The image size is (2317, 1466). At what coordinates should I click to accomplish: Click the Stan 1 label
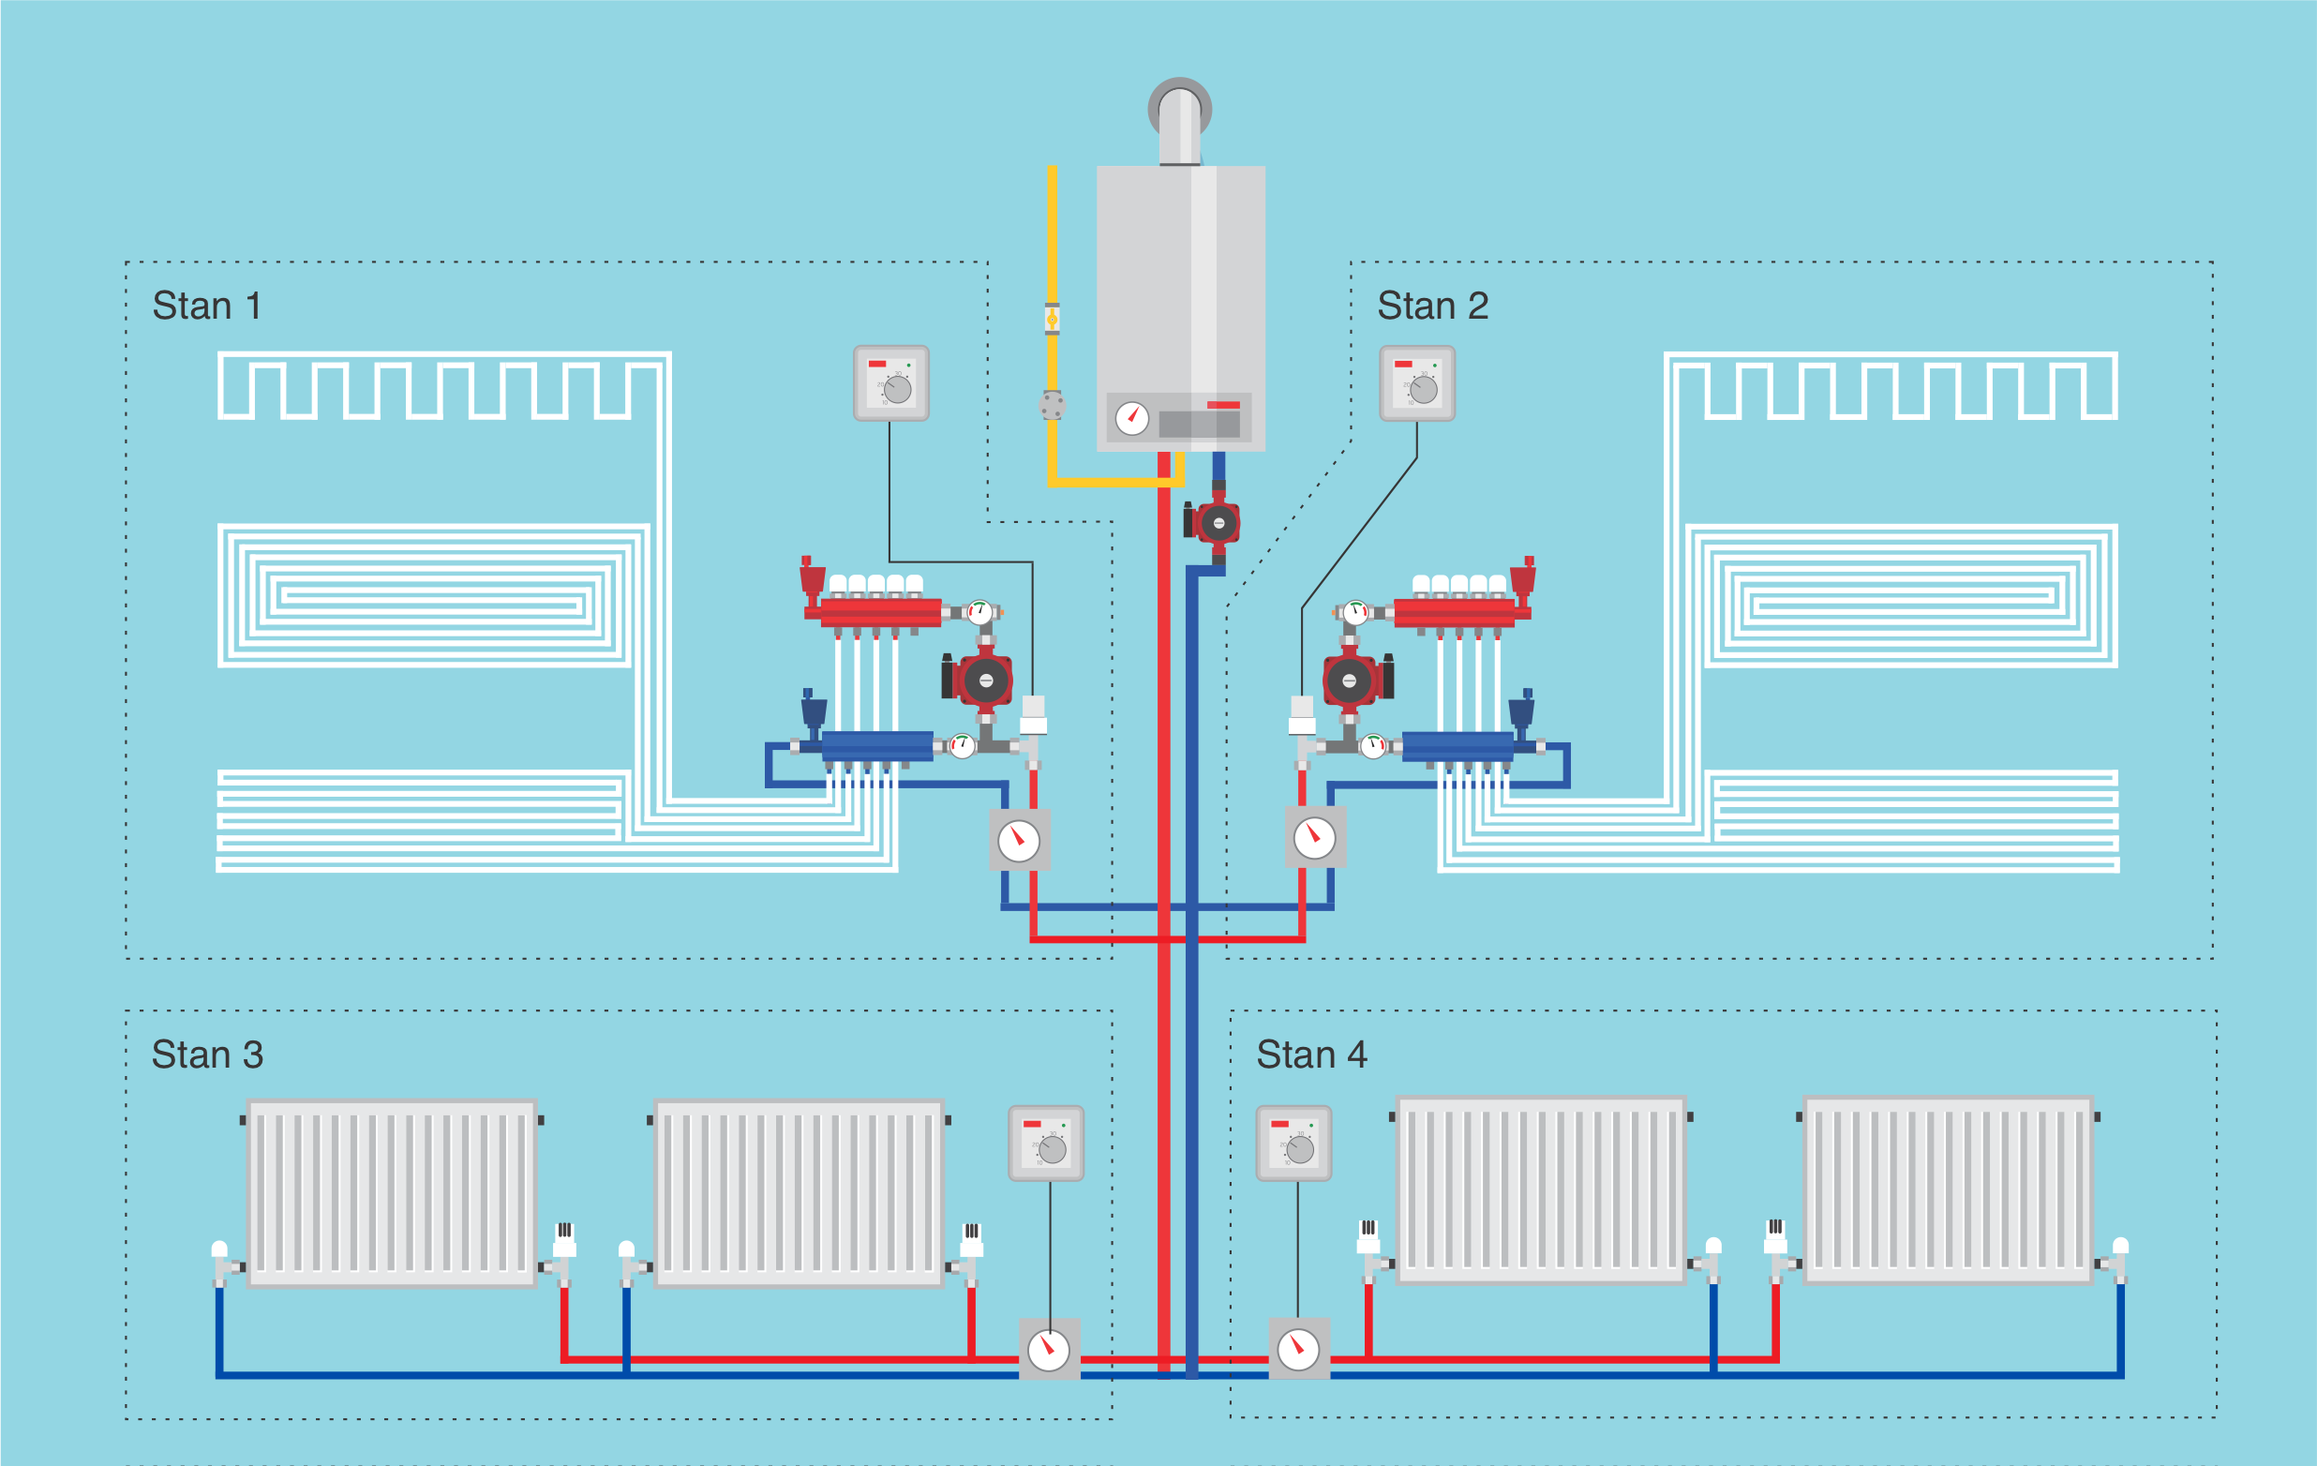207,306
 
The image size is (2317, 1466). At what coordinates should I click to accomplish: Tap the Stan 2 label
1433,306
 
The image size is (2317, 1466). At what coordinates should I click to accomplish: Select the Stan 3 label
207,1055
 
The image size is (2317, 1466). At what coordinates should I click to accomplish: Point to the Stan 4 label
1311,1055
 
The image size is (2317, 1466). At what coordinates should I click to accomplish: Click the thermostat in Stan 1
891,383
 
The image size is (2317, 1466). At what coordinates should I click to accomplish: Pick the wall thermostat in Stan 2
1417,383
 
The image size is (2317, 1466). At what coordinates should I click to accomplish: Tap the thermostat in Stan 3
1046,1144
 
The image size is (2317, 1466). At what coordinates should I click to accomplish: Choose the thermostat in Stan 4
1294,1144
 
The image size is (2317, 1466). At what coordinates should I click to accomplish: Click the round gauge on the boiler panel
1131,418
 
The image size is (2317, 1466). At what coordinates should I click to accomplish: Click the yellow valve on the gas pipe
1052,320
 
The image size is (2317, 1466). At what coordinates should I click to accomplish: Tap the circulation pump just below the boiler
1217,523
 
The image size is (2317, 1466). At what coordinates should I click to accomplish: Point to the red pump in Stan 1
981,681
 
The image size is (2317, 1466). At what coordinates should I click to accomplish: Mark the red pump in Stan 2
1352,681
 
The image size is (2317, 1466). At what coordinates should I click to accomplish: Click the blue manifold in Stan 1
876,746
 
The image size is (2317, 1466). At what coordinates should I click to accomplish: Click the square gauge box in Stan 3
1049,1350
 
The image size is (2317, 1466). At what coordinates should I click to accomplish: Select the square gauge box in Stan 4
1299,1350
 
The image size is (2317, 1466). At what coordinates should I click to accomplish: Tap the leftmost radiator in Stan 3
392,1193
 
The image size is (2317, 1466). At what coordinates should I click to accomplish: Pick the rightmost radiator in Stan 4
1949,1189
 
